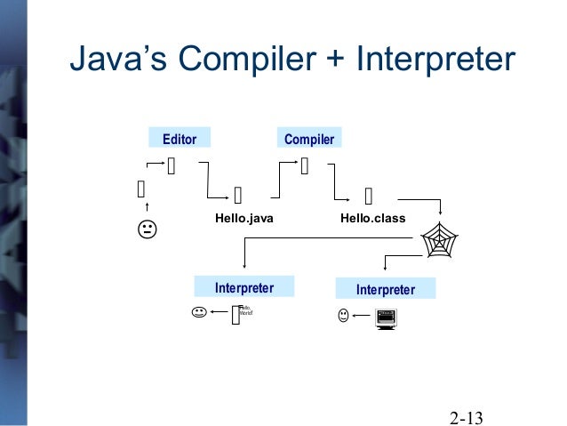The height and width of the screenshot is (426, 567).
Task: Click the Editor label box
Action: (179, 138)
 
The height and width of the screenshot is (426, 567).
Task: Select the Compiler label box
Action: (308, 139)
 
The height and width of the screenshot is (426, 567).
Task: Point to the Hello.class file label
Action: (372, 216)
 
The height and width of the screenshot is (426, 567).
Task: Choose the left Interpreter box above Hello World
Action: (244, 288)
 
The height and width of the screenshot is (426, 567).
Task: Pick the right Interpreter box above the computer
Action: (386, 289)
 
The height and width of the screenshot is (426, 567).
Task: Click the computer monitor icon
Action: (386, 317)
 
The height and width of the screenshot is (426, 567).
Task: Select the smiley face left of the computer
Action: (343, 315)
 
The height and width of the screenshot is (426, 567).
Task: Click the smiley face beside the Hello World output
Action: (198, 313)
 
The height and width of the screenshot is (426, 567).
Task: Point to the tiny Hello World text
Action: (245, 311)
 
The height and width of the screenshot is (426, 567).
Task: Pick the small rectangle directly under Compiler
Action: (305, 165)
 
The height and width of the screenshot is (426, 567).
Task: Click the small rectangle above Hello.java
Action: (237, 195)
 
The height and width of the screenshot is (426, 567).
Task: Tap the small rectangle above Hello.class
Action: (369, 195)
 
